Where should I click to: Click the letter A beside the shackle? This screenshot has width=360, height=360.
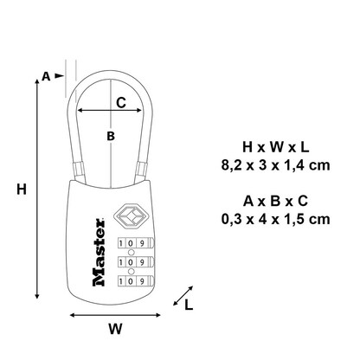coord(46,76)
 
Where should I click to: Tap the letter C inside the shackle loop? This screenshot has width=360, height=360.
coord(121,102)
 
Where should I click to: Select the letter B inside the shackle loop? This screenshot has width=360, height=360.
coord(111,136)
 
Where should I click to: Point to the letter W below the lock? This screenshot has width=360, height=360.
coord(112,330)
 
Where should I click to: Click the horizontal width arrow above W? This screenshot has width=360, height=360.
coord(112,313)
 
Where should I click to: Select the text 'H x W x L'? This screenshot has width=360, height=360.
coord(283,145)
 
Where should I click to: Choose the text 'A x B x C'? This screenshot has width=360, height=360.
coord(283,200)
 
